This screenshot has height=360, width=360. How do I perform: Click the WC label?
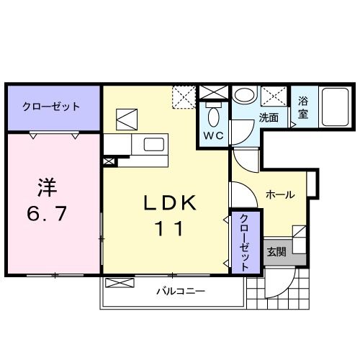(214, 135)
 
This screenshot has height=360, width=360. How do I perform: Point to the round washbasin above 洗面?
(243, 96)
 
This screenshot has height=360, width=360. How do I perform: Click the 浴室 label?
(303, 108)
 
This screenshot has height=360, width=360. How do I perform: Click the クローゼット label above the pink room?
(50, 107)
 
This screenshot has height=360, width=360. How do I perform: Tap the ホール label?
(279, 194)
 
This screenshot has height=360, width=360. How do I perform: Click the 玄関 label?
(276, 252)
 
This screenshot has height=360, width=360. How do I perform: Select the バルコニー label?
(181, 292)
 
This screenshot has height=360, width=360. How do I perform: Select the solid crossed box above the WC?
(214, 92)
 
